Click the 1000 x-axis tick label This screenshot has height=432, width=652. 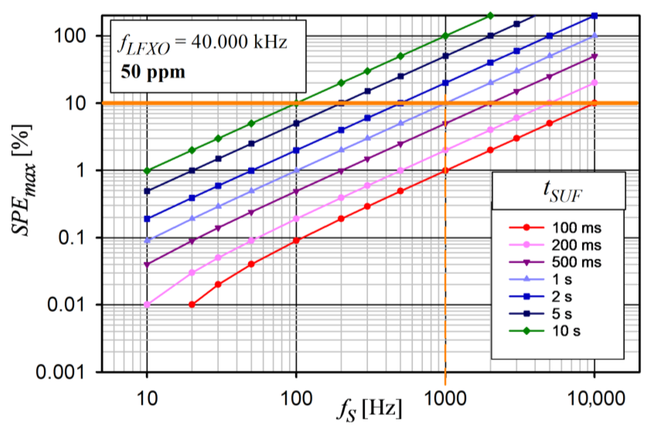coord(445,399)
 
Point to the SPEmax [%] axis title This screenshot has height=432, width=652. coord(23,180)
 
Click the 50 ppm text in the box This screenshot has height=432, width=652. coord(153,72)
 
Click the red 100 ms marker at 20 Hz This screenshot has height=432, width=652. coord(192,305)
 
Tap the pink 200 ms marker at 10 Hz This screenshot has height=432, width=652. coord(147,305)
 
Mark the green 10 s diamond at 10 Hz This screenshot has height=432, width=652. coord(147,171)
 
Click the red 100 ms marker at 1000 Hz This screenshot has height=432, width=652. coord(445,170)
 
